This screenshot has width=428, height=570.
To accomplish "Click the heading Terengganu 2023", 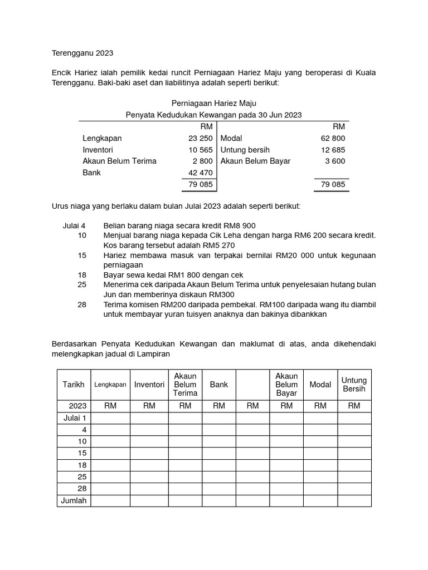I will pos(82,53).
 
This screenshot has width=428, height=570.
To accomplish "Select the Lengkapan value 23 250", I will pos(201,138).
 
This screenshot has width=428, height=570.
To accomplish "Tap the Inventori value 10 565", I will pos(201,150).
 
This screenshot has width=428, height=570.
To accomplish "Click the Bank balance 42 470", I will pos(201,173).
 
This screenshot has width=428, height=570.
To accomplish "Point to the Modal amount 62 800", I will pos(334,138).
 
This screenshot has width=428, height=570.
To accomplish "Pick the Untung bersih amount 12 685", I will pos(334,150).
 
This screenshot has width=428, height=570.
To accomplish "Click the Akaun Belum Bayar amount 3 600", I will pos(336,161).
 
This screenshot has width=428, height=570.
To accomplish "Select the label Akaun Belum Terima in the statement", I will pos(119,161).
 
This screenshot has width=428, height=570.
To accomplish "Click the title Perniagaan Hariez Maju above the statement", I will pos(213,104).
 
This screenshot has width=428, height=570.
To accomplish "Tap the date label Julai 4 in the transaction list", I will pos(74,225).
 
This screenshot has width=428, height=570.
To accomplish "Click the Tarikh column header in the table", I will pos(74,385).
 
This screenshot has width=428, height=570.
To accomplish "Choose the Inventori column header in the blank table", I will pos(149,385).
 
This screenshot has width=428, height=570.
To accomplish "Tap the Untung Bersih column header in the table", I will pos(354,385).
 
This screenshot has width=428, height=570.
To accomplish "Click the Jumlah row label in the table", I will pos(74,500).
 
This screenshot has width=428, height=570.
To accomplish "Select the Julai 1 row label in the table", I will pos(75,418).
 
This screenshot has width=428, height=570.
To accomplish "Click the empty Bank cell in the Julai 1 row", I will pos(219,418).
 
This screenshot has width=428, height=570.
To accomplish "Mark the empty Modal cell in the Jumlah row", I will pos(320,500).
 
